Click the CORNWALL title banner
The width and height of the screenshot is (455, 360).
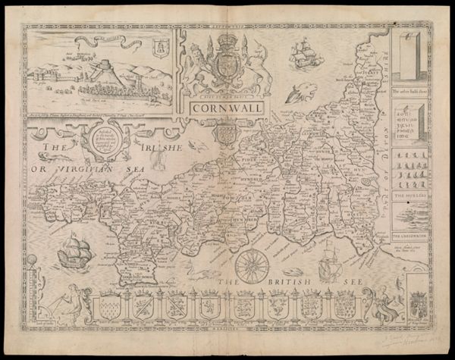click(x=215, y=108)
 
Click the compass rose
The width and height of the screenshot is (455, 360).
click(x=249, y=267)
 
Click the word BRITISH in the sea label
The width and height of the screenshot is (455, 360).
click(x=280, y=283)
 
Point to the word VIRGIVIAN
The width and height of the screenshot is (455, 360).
click(x=83, y=169)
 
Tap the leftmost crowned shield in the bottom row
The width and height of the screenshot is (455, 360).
click(x=109, y=307)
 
